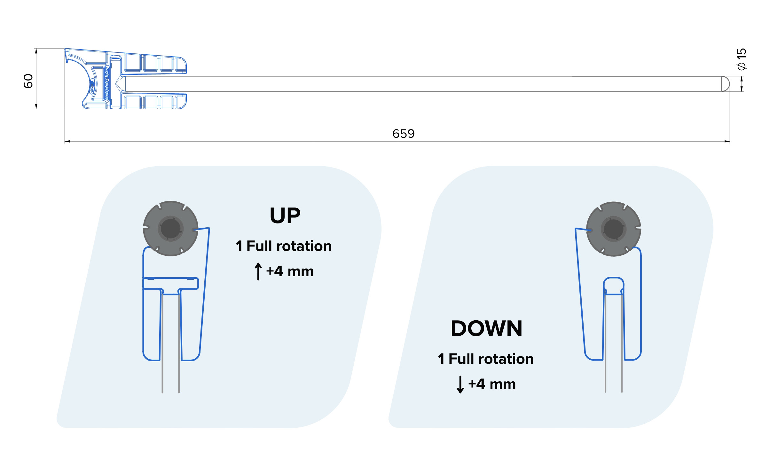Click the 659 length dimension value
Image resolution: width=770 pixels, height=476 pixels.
tap(403, 134)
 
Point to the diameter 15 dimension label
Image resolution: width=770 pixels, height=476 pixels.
tap(741, 59)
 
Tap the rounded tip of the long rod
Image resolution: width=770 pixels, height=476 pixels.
tap(725, 84)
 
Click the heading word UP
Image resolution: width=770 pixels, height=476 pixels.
tap(285, 215)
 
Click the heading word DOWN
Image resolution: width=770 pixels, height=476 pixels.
tap(486, 329)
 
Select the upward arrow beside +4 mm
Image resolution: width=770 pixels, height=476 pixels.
tap(258, 271)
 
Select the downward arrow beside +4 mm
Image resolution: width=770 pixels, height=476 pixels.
tap(460, 384)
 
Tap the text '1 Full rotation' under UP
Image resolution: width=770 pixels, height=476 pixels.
tap(284, 246)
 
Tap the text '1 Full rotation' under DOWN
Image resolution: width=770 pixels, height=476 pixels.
tap(486, 359)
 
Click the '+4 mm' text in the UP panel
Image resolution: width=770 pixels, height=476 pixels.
tap(290, 271)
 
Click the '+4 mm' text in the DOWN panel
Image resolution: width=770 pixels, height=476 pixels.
tap(492, 384)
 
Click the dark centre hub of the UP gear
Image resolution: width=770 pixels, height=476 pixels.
tap(170, 229)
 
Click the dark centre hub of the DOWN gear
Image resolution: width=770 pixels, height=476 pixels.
tap(614, 229)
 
